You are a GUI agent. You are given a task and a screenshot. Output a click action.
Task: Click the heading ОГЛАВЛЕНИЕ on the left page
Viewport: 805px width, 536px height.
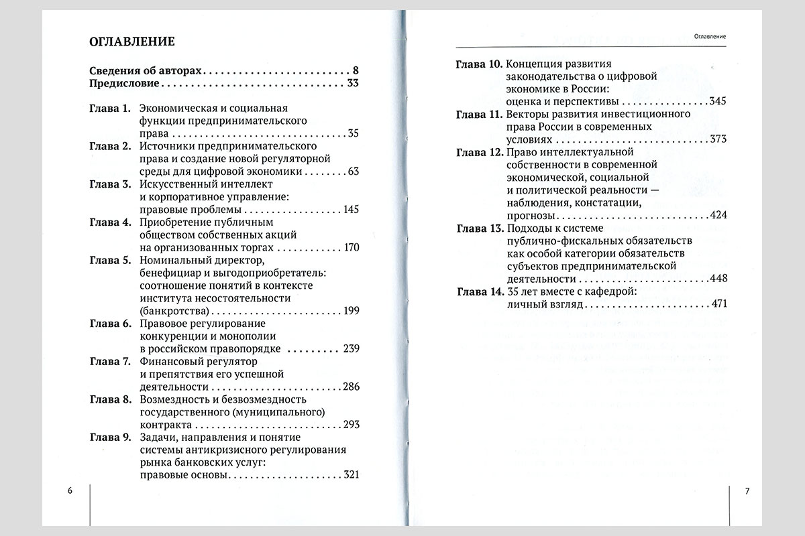click(132, 42)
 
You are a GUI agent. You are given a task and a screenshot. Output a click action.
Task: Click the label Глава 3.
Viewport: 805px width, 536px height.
click(109, 185)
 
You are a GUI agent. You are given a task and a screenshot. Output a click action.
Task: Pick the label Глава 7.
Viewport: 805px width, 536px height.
click(109, 362)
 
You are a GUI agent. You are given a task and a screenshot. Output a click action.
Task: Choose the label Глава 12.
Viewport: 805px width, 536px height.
click(479, 152)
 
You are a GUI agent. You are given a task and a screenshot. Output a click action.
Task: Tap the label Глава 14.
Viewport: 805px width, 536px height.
click(479, 292)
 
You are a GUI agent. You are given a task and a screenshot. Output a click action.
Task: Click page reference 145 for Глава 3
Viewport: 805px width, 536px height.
click(351, 210)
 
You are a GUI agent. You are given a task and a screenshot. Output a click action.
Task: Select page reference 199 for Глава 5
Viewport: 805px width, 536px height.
click(351, 311)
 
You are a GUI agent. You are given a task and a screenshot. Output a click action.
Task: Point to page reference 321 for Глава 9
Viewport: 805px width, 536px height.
click(351, 475)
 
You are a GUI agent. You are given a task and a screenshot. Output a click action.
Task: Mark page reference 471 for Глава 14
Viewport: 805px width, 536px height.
click(719, 304)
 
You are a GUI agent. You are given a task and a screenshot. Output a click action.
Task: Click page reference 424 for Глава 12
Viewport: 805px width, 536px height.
click(719, 216)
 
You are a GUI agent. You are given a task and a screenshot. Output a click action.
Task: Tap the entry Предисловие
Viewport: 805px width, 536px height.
click(124, 84)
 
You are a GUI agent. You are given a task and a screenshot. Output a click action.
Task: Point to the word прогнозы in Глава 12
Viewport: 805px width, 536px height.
click(531, 216)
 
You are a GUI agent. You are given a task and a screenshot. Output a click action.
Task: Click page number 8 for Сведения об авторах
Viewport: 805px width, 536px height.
click(356, 70)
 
